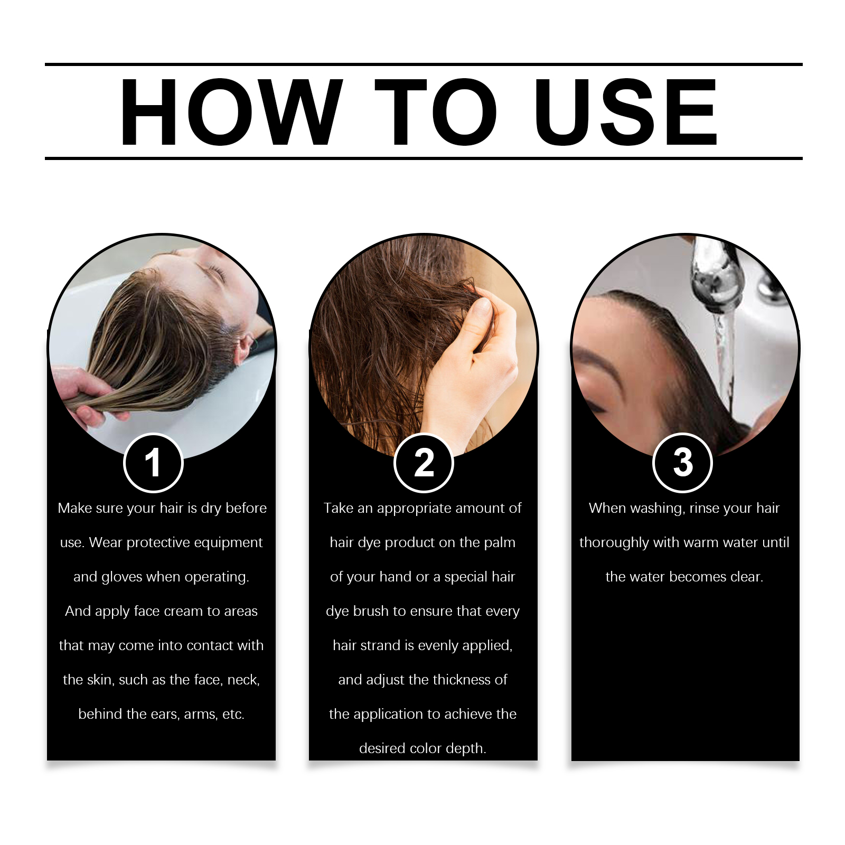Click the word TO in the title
[x=436, y=112]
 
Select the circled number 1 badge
[x=153, y=463]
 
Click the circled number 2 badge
[x=424, y=463]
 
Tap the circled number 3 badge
[x=682, y=463]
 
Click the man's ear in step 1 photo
[x=244, y=346]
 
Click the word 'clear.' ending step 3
[x=747, y=577]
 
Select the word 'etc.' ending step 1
[x=233, y=714]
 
